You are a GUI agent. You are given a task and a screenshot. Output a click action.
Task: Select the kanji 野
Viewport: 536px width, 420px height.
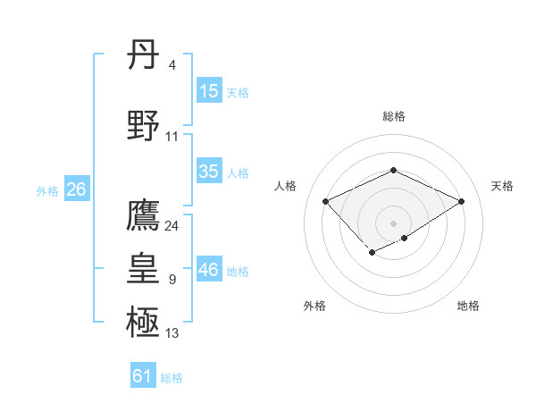point(144,125)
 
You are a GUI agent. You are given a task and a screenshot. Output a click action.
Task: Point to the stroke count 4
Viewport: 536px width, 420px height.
point(172,65)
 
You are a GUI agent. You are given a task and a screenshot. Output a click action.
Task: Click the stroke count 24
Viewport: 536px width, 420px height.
point(172,226)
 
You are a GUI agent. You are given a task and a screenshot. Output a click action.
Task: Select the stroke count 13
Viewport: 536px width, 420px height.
point(172,333)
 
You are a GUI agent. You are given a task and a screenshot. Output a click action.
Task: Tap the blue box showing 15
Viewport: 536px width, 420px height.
point(209,91)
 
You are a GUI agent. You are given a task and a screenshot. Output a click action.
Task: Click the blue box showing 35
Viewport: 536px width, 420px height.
point(209,172)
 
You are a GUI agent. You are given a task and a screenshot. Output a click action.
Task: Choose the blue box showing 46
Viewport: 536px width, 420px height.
point(209,270)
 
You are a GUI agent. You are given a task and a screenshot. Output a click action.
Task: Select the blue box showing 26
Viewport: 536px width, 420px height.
point(76,189)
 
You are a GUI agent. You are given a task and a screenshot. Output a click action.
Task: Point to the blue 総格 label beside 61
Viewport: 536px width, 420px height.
point(172,378)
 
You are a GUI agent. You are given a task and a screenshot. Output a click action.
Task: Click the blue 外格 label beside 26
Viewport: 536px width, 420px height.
point(47,191)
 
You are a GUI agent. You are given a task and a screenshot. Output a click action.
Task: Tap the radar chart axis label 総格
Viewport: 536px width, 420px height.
point(394,116)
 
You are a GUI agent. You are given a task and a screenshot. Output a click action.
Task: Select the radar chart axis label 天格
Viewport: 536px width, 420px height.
point(502,186)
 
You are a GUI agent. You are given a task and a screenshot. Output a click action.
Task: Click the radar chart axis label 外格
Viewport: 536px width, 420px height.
point(314,306)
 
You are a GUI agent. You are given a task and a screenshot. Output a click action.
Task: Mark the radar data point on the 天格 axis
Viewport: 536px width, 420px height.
point(461,202)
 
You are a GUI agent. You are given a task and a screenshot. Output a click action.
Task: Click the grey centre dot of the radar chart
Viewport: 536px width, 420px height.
point(394,223)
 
